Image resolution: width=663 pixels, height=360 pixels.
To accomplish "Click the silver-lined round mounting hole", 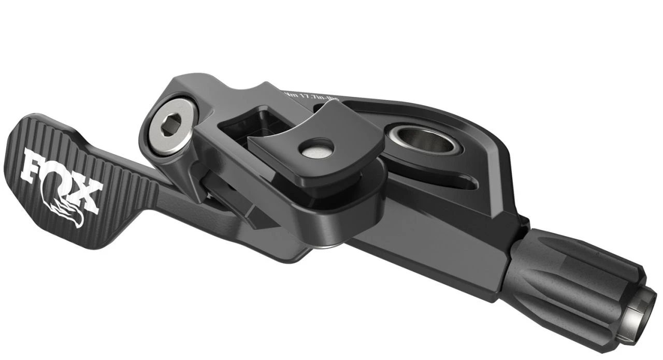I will (422, 137).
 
